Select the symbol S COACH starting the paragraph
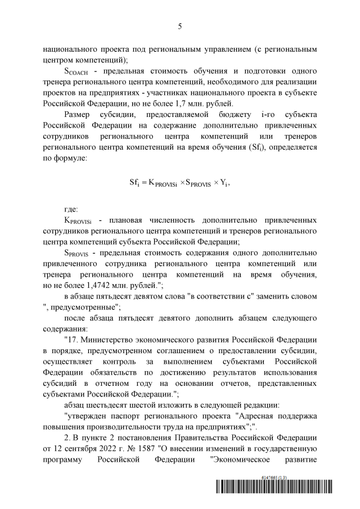[x=77, y=71]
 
